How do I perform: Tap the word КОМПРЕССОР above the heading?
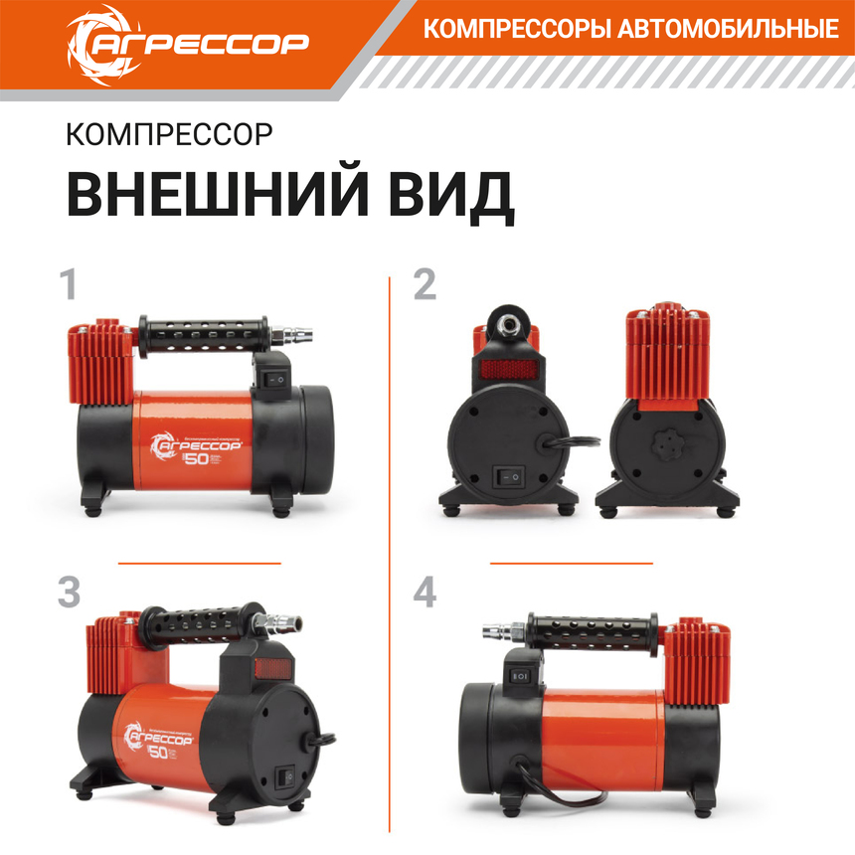(168, 134)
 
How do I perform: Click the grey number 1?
(68, 285)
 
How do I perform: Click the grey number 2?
(425, 285)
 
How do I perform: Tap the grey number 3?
(69, 593)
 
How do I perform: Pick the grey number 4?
(426, 593)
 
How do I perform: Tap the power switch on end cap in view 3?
(288, 773)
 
